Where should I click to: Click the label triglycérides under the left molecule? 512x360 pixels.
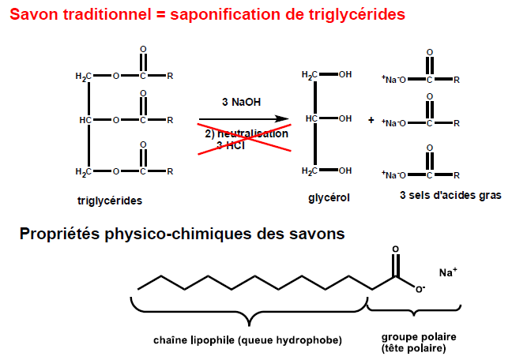pyautogui.click(x=110, y=201)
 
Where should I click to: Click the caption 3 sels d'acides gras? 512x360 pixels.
pyautogui.click(x=450, y=194)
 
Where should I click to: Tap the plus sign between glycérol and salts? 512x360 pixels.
pyautogui.click(x=371, y=121)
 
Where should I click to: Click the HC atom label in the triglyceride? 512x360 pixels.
pyautogui.click(x=86, y=121)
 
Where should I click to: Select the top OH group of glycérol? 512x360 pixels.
pyautogui.click(x=344, y=75)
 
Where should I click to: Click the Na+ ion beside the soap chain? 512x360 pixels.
pyautogui.click(x=448, y=272)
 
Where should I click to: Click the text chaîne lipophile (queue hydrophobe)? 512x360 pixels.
pyautogui.click(x=248, y=340)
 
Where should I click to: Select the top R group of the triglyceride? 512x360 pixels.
pyautogui.click(x=170, y=77)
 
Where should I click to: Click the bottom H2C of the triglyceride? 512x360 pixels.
pyautogui.click(x=84, y=171)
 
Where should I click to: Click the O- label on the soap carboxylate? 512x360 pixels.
pyautogui.click(x=421, y=289)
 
